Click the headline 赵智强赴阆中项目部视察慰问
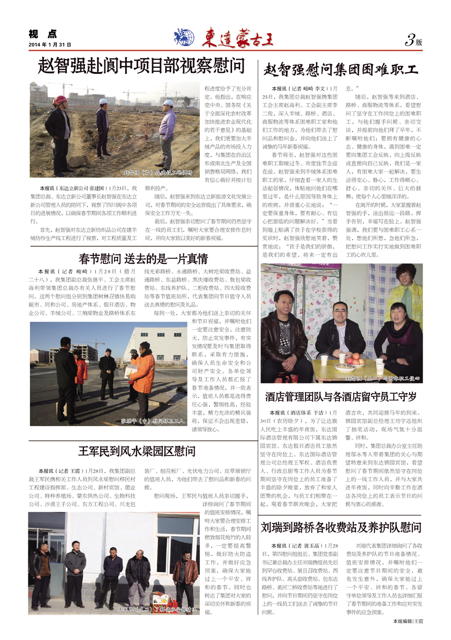point(141,66)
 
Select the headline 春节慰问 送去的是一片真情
point(143,259)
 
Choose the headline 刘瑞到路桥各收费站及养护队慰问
point(341,528)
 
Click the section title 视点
point(43,34)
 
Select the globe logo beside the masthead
point(184,37)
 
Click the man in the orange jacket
point(144,375)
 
